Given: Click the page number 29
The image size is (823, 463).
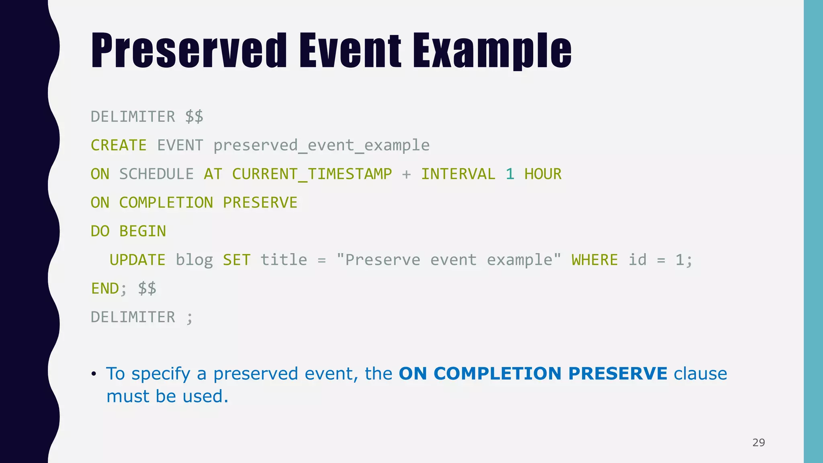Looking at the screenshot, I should pos(758,443).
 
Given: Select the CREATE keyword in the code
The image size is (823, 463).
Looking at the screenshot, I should pos(119,145).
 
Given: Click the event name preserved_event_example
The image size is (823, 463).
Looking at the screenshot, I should pos(321,145).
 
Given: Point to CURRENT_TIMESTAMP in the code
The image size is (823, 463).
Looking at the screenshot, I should pos(311,174).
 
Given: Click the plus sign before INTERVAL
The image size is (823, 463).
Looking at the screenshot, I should pos(406,174).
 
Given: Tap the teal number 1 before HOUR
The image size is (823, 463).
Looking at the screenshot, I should pos(510,174).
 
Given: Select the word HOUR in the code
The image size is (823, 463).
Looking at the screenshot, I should pos(543,174).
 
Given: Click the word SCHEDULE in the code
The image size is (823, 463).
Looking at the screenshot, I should pos(156,174).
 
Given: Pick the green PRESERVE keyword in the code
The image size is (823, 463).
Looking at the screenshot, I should pos(260,203).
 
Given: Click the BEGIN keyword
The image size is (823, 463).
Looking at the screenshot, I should pos(142,231).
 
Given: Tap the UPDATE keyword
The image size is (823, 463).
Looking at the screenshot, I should pos(137,260).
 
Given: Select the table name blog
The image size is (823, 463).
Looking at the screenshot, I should pos(194,260).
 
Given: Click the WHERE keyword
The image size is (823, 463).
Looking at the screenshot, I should pos(594,260).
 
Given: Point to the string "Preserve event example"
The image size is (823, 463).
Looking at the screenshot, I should pos(448,260).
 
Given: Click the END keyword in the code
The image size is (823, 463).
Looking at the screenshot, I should pos(105,289).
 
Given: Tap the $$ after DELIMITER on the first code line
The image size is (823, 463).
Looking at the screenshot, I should pos(194,117).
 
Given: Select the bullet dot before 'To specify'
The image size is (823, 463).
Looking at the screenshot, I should pos(94,374).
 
